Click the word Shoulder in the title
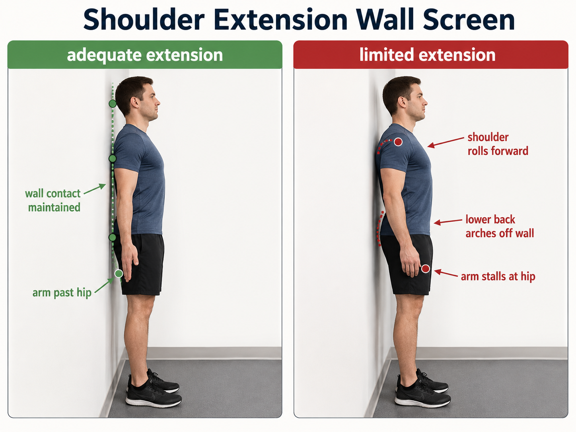point(144,19)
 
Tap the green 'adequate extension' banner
point(145,54)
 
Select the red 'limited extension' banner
point(431,54)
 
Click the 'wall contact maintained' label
point(53,200)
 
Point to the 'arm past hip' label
point(62,293)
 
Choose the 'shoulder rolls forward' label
point(498,144)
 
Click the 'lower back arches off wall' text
point(500,226)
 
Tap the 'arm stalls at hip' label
point(498,276)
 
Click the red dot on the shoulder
point(398,142)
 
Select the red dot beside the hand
point(425,269)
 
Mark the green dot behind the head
point(113,103)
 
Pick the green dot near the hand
point(119,274)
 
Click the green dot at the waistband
point(112,237)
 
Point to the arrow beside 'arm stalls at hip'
point(446,273)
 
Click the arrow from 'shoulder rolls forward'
point(446,142)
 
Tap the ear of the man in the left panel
point(134,102)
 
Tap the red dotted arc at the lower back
point(379,229)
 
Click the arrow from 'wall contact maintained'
point(95,189)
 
